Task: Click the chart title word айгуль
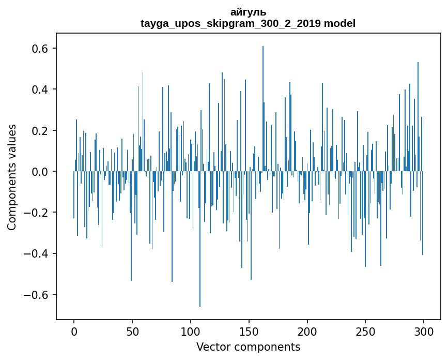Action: pos(248,12)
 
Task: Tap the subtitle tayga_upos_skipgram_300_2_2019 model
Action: pos(248,23)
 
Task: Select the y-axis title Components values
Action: pos(12,177)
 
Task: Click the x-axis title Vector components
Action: pos(248,347)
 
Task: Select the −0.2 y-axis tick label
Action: pos(37,213)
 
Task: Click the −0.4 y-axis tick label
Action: pos(37,253)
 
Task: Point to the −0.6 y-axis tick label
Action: pos(37,294)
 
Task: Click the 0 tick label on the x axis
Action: pos(74,331)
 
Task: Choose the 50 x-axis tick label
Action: pos(132,331)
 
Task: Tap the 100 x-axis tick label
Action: pos(191,331)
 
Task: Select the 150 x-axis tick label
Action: pos(249,331)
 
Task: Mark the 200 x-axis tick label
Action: pos(307,331)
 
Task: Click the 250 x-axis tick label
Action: pos(365,331)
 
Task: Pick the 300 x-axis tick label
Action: pos(424,331)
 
